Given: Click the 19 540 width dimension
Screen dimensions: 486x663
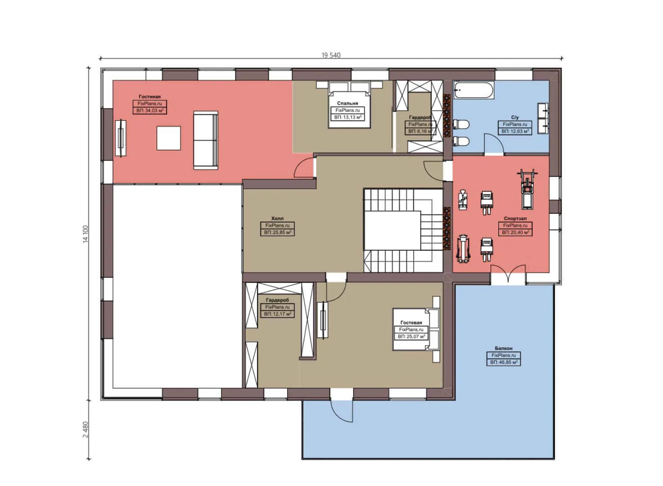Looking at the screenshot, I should tap(331, 55).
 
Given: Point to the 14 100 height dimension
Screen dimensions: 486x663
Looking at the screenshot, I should tap(86, 234).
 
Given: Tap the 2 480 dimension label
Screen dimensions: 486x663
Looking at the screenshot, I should tap(86, 429).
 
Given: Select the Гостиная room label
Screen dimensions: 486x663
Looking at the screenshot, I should tap(149, 97).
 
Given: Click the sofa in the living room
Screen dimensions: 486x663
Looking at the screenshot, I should tap(206, 140).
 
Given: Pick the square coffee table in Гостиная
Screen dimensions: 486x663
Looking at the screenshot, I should tap(169, 138).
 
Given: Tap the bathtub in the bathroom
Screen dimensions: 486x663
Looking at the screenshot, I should tap(473, 90).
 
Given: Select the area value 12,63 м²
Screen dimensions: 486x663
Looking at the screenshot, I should tap(515, 131).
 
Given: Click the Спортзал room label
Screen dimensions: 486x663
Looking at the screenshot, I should tap(515, 218).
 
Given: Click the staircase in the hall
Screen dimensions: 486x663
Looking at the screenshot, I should tap(403, 230).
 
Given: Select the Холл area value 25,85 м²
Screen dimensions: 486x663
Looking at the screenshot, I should tap(277, 233).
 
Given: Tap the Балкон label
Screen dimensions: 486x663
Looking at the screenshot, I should tap(503, 348).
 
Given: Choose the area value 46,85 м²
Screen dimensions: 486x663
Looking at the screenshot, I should tap(503, 362).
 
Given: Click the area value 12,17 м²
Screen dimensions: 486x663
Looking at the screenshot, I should tap(277, 314).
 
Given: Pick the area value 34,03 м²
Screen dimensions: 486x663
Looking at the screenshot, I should tap(149, 111).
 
